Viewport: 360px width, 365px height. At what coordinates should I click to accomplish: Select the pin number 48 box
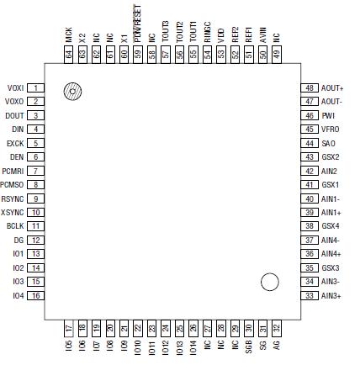coord(310,87)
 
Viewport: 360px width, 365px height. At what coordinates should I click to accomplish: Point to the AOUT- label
coord(331,101)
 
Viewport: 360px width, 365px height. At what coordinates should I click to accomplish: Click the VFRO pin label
coord(330,129)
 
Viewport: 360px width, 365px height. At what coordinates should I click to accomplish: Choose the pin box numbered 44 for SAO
coord(310,143)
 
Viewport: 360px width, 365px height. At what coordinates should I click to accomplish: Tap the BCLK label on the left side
coord(14,226)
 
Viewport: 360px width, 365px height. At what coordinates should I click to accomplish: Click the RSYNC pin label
coord(14,198)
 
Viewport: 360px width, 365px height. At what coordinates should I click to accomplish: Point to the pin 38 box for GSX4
coord(310,226)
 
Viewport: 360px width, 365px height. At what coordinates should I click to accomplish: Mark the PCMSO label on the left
coord(13,184)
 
